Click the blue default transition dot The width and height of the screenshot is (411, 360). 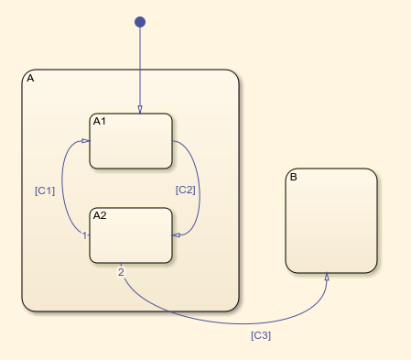click(x=140, y=22)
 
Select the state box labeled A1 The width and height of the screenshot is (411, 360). click(x=131, y=147)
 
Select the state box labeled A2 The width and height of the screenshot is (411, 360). click(x=131, y=240)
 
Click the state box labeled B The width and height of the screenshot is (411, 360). click(x=330, y=224)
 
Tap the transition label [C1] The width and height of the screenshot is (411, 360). click(x=44, y=191)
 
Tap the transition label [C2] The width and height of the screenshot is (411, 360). click(x=186, y=191)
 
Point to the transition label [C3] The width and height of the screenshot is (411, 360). click(x=261, y=335)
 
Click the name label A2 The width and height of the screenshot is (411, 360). click(x=101, y=216)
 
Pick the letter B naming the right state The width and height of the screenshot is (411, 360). click(x=293, y=177)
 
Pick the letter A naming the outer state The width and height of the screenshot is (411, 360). click(x=30, y=79)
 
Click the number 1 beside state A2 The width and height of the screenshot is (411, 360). click(x=84, y=235)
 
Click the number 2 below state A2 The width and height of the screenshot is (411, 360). click(x=121, y=271)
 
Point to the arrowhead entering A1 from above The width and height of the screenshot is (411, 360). click(x=140, y=110)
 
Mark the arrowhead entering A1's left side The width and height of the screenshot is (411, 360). click(x=85, y=141)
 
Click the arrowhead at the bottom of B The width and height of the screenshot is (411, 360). click(x=327, y=278)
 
